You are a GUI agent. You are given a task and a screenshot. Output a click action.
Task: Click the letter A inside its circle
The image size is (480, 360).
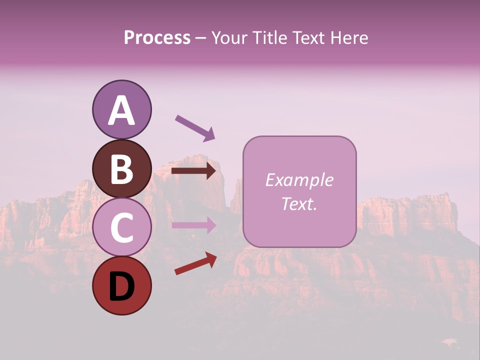(x=121, y=110)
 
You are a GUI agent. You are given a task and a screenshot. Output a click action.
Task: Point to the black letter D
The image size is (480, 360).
(x=121, y=287)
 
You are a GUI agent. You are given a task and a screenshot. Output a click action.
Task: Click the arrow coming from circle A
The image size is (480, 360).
(x=194, y=127)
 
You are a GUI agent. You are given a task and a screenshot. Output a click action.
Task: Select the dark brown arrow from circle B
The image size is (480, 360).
(x=193, y=171)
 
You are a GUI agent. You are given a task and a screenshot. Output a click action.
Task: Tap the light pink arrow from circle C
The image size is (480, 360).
(x=193, y=225)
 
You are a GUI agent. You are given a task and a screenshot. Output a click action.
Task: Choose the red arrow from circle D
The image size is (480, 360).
(x=195, y=263)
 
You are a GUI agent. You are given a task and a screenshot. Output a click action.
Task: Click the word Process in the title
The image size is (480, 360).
(x=157, y=38)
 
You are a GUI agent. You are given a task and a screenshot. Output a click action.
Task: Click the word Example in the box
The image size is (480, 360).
(x=299, y=180)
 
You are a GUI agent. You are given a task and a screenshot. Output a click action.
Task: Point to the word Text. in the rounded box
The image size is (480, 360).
(x=299, y=203)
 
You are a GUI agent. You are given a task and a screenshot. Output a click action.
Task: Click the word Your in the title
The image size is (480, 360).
(x=229, y=38)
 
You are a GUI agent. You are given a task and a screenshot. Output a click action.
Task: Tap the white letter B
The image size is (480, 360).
(x=121, y=169)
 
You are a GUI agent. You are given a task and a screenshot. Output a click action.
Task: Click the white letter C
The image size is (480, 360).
(x=121, y=228)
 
